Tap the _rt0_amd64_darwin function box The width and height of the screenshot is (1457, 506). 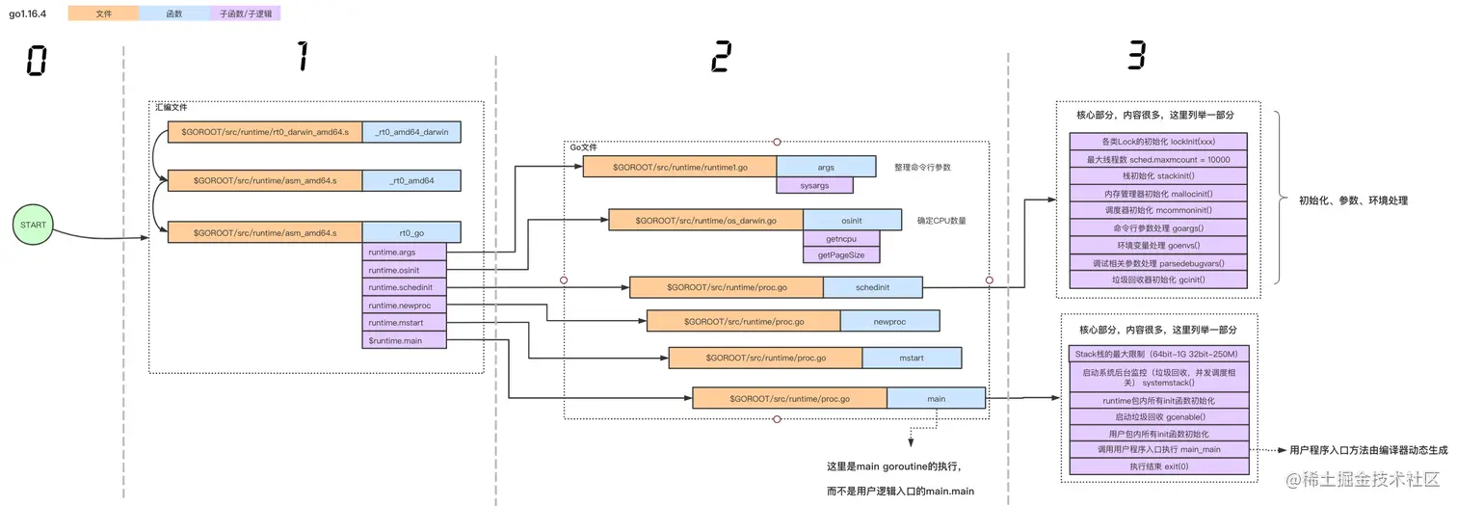tap(411, 131)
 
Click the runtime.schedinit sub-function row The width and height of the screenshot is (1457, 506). tap(405, 287)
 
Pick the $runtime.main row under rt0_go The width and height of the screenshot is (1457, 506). tap(405, 339)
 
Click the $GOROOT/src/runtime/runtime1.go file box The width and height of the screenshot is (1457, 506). tap(679, 168)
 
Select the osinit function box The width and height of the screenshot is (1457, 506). tap(852, 220)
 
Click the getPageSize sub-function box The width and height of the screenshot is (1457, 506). tap(841, 254)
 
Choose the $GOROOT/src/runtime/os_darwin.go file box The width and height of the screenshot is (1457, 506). tap(705, 220)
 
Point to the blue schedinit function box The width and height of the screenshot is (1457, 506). tap(872, 287)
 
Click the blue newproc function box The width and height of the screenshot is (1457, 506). tap(889, 321)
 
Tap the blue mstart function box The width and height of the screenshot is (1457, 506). tap(911, 358)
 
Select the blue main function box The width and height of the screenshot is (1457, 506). tap(936, 397)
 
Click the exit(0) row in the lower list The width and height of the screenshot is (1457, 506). tap(1158, 466)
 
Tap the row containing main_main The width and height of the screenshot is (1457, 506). tap(1158, 449)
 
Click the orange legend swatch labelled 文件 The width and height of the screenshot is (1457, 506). tap(104, 13)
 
